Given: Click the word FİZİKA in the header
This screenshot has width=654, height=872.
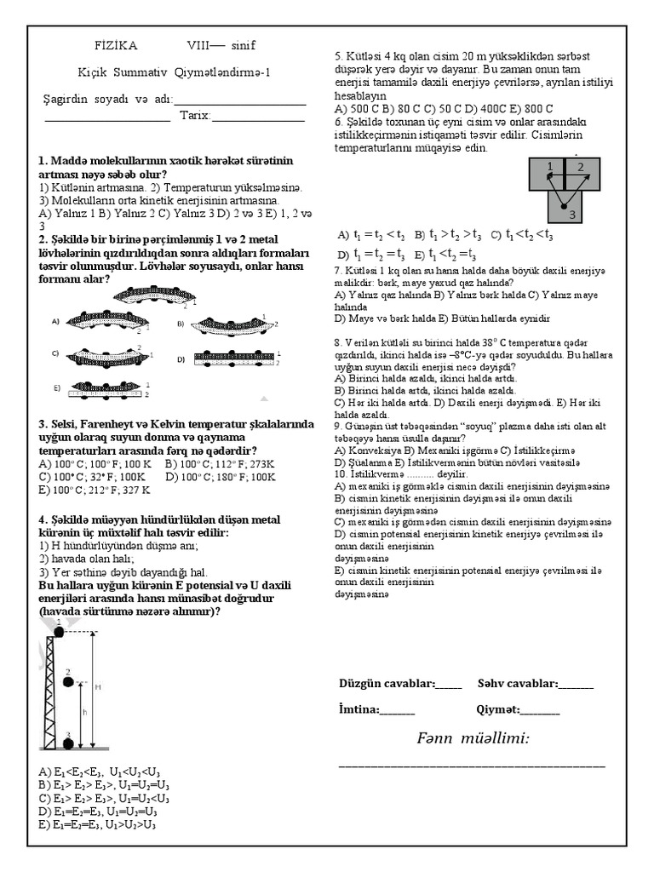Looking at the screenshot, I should point(114,45).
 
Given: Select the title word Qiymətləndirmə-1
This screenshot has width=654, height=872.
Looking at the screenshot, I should point(224,73).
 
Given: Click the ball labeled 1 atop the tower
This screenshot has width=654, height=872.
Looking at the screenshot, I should point(59,628).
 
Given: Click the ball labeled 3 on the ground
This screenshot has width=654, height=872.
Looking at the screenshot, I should point(68,743).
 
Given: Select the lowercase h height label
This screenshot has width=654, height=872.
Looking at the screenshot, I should point(83,712).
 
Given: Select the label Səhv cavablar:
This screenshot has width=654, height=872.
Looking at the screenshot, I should point(517,683).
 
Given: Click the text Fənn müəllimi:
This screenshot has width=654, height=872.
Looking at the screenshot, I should point(473,737).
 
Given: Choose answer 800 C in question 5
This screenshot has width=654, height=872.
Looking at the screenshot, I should point(537,109).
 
